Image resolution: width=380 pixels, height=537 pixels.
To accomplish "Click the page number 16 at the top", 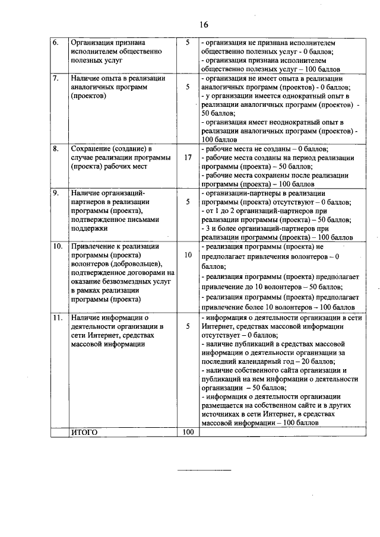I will click(x=204, y=25).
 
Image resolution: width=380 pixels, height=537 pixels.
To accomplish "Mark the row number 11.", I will click(x=58, y=317).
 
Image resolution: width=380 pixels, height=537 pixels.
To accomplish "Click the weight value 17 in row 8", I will click(x=188, y=158).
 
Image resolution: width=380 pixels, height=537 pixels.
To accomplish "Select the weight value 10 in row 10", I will click(x=188, y=255).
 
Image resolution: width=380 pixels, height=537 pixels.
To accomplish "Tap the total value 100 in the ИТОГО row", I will click(x=188, y=433).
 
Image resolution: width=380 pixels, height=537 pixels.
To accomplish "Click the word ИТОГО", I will click(x=84, y=433).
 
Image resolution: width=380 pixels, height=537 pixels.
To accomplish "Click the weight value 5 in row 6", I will click(x=188, y=43).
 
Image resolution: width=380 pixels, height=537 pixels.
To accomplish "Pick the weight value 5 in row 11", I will click(x=188, y=326).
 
